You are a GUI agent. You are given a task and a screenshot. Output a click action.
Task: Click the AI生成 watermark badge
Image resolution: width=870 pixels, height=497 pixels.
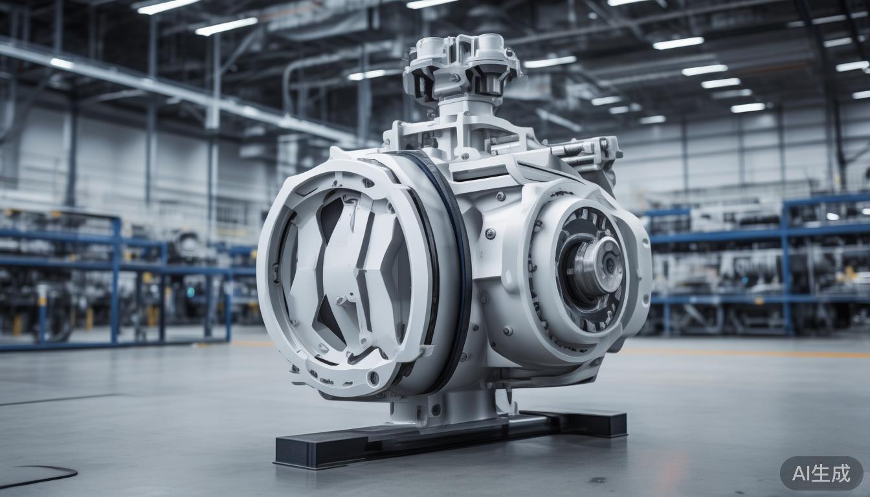(x=821, y=473)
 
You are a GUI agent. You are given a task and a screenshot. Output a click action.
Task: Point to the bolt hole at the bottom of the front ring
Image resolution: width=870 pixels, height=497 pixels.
(x=374, y=376)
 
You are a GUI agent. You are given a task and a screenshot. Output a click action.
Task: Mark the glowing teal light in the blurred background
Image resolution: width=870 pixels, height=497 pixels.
(x=190, y=292)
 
